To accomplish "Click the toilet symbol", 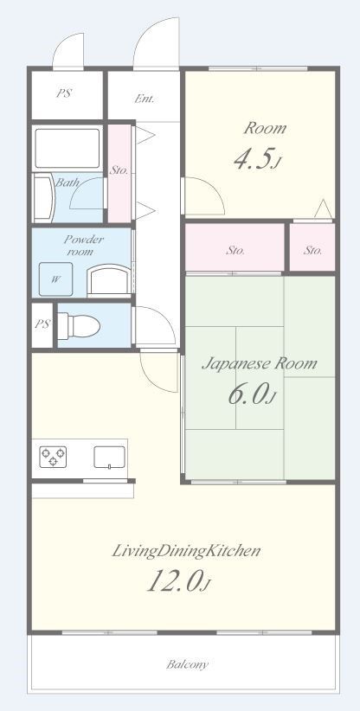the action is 79,326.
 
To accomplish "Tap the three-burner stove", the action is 53,457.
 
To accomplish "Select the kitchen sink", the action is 110,457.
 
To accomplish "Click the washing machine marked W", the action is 55,279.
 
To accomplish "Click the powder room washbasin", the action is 109,280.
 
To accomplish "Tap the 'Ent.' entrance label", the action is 145,99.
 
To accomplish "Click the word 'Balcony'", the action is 187,665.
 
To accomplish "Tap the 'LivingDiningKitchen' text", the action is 186,551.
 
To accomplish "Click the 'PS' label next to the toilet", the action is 42,324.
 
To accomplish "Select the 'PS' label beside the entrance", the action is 64,93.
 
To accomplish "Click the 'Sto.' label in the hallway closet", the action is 119,171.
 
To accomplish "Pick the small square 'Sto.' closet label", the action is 313,250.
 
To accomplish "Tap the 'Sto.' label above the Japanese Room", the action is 235,250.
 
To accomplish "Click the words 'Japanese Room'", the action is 259,363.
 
